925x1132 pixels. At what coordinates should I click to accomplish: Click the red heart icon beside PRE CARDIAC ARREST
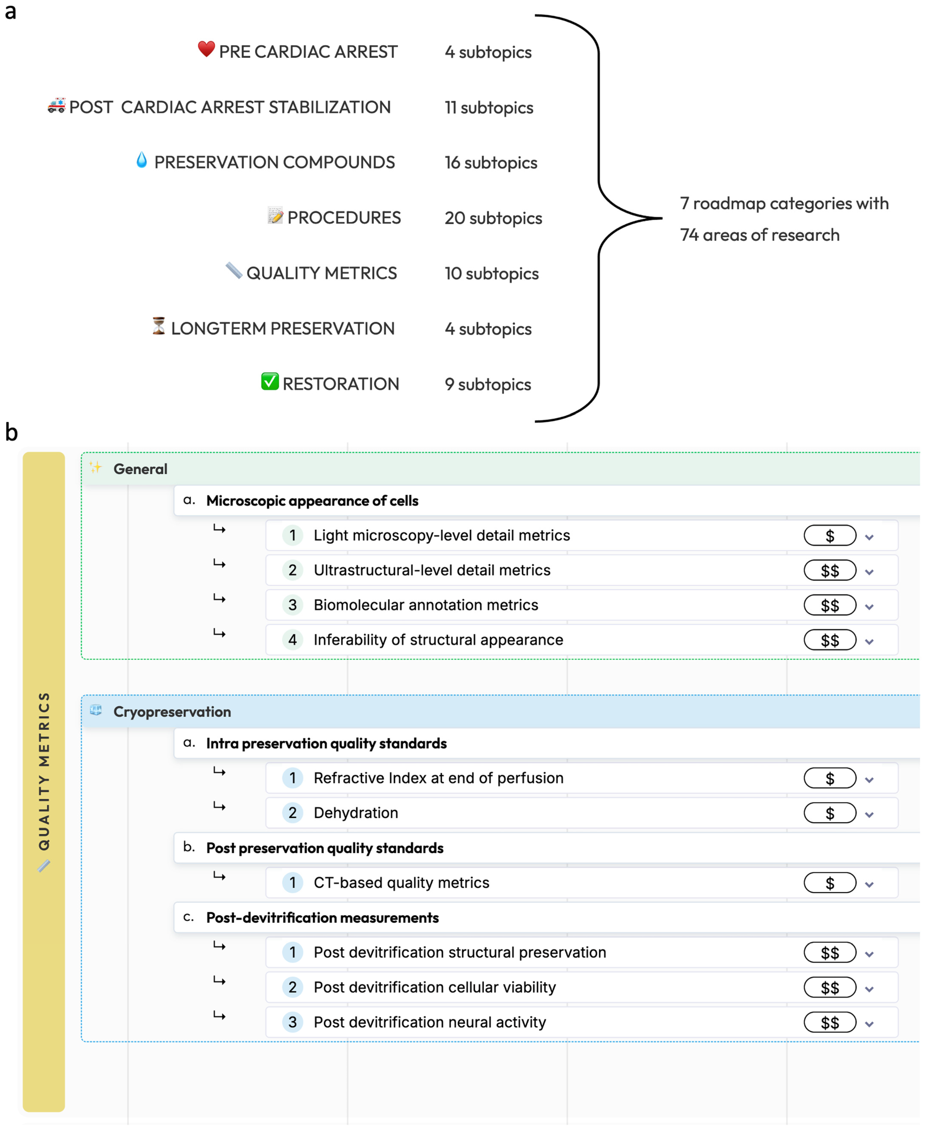coord(206,49)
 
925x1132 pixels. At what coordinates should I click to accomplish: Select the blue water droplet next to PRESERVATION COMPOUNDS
coord(141,160)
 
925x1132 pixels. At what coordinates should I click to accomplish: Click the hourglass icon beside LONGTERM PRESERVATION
coord(158,326)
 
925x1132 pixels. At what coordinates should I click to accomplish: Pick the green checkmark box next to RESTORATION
coord(270,381)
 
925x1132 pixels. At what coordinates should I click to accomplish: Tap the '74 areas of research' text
coord(759,235)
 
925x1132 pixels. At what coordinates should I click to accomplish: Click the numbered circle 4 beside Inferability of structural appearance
coord(293,640)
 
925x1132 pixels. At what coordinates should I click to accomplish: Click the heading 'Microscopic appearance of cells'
coord(312,501)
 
